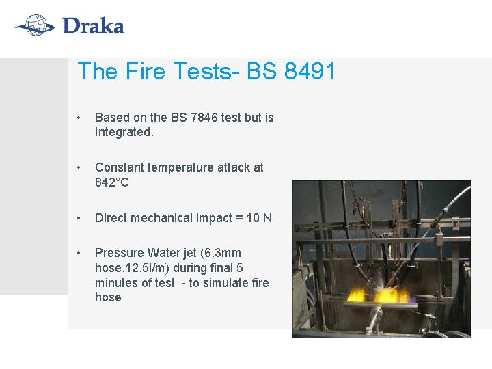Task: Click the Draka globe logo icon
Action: point(34,27)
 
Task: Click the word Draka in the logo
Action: point(92,27)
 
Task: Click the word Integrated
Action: point(124,132)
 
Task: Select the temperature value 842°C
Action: point(112,182)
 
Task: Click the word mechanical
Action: point(163,218)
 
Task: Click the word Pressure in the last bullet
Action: point(119,253)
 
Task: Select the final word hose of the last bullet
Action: point(108,297)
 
